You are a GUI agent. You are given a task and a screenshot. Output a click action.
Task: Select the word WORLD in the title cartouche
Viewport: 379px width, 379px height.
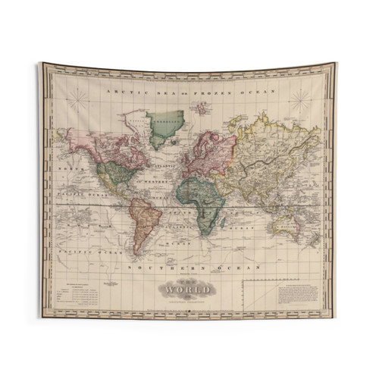(x=187, y=289)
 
